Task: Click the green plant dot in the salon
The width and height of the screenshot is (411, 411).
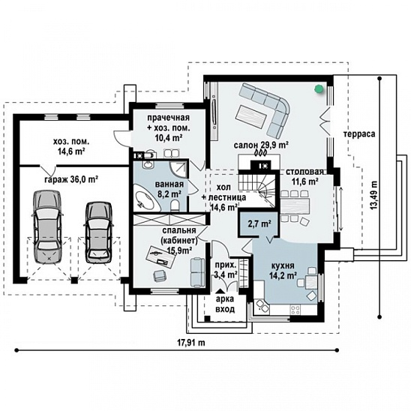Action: coord(319,89)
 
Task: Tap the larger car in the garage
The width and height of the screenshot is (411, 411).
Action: coord(47,226)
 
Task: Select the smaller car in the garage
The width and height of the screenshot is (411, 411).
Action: coord(97,232)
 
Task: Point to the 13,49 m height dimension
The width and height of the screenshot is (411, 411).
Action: coord(374,195)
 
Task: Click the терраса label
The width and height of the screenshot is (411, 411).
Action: coord(359,134)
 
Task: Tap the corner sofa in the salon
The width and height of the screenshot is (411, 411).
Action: coord(267,108)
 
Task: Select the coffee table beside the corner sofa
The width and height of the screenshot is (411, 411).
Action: coord(251,116)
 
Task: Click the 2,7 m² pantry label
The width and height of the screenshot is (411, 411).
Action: coord(259,223)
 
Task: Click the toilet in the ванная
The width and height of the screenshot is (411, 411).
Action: coord(175,205)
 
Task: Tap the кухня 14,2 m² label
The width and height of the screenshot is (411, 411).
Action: coord(283,270)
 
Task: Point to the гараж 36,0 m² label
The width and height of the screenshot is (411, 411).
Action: coord(71,179)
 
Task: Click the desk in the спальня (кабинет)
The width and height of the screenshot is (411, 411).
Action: coord(160,255)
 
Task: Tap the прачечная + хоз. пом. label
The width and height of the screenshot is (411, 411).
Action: coord(168,127)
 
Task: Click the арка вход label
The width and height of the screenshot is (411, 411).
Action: coord(225,304)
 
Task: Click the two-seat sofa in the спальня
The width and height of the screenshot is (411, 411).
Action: coord(197,272)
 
